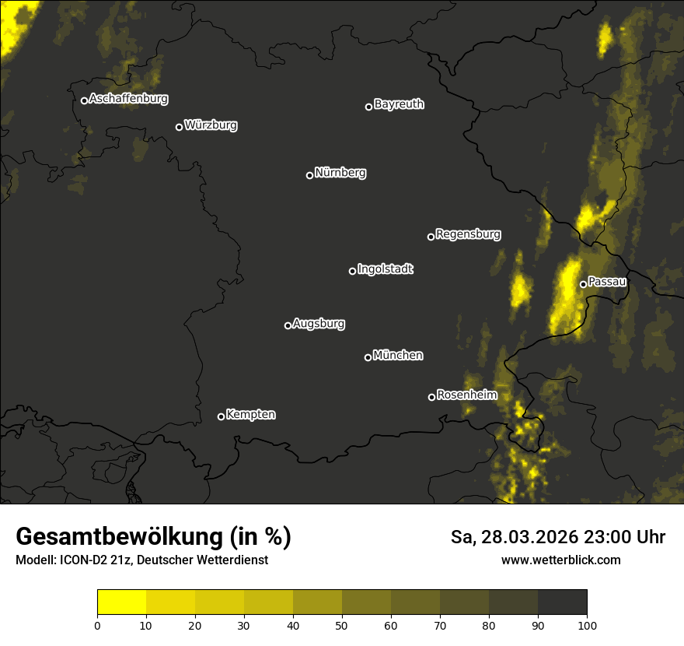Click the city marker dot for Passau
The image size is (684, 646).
coord(583,284)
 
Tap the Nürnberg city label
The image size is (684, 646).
coord(340,173)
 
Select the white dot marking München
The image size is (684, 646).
coord(368,357)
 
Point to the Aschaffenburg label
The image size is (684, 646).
coord(128,99)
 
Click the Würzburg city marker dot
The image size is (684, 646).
coord(179,127)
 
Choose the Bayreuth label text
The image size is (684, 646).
coord(399,104)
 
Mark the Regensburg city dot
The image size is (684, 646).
coord(431,237)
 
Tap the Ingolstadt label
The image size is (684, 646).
coord(386,269)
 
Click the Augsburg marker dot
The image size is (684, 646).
coord(288,325)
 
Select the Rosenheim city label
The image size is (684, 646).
coord(466,395)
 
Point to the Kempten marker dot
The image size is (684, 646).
coord(221,416)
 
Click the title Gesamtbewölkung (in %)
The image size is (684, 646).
coord(153,537)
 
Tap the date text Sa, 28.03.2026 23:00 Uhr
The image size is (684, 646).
coord(557,537)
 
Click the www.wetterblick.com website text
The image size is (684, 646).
coord(560,560)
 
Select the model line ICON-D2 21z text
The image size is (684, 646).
coord(141,560)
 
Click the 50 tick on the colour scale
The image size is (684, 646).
coord(342,625)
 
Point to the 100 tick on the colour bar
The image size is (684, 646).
coord(587,625)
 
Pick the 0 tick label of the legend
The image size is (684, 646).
coord(97,625)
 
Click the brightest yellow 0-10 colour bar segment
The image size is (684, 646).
coord(122,602)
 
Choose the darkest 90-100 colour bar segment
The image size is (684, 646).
coord(562,602)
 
